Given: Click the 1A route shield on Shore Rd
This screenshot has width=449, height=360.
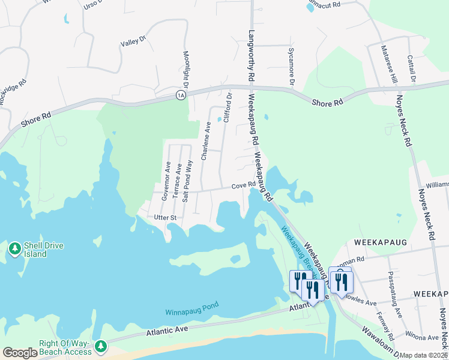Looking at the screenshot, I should (x=181, y=95).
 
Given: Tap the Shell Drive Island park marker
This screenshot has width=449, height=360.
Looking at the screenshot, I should (x=14, y=248).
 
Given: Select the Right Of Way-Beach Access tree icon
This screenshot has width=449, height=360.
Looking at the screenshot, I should (x=101, y=346).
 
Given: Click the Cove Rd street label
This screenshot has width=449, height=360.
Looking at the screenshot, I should (x=244, y=185).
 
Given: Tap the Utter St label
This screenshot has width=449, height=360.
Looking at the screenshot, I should (x=165, y=217).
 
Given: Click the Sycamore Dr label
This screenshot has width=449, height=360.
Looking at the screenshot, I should (x=292, y=66).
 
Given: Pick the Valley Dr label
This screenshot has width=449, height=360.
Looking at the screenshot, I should (x=133, y=41).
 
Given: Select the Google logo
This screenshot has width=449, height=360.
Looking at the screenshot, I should (x=20, y=353).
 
